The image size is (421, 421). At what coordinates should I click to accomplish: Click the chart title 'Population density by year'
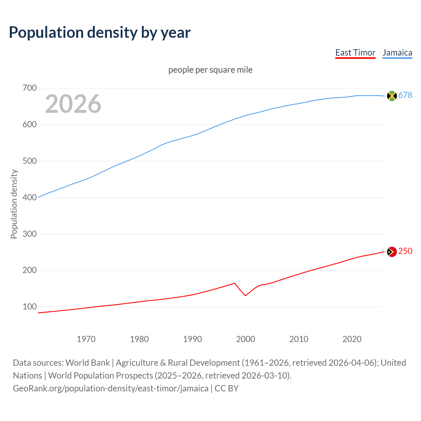click(100, 32)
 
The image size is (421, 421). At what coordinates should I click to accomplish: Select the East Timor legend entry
click(355, 53)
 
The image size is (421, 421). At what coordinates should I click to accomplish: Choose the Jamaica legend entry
click(397, 53)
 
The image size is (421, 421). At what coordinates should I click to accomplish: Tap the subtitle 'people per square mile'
click(210, 70)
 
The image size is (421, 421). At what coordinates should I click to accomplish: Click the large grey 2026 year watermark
click(73, 104)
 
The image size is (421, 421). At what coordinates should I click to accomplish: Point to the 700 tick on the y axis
click(29, 88)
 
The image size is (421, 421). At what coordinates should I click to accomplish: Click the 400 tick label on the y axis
click(29, 197)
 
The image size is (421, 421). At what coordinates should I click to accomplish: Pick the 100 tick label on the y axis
click(29, 307)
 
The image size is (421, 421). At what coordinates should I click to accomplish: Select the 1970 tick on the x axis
click(86, 339)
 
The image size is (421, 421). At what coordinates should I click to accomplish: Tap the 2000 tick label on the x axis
click(246, 339)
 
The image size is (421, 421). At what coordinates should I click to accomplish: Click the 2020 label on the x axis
click(352, 339)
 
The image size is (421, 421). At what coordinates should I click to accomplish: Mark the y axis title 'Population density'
click(14, 204)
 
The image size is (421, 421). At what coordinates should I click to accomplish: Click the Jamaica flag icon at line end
click(392, 96)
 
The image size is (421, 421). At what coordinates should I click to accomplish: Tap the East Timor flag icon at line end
click(392, 252)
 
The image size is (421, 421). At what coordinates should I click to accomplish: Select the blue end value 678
click(405, 95)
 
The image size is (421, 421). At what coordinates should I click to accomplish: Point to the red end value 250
click(405, 251)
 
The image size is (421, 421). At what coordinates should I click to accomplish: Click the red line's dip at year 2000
click(245, 295)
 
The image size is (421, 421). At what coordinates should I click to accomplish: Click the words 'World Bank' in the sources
click(87, 362)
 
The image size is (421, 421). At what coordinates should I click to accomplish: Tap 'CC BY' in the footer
click(227, 388)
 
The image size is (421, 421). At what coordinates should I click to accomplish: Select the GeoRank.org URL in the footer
click(111, 388)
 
